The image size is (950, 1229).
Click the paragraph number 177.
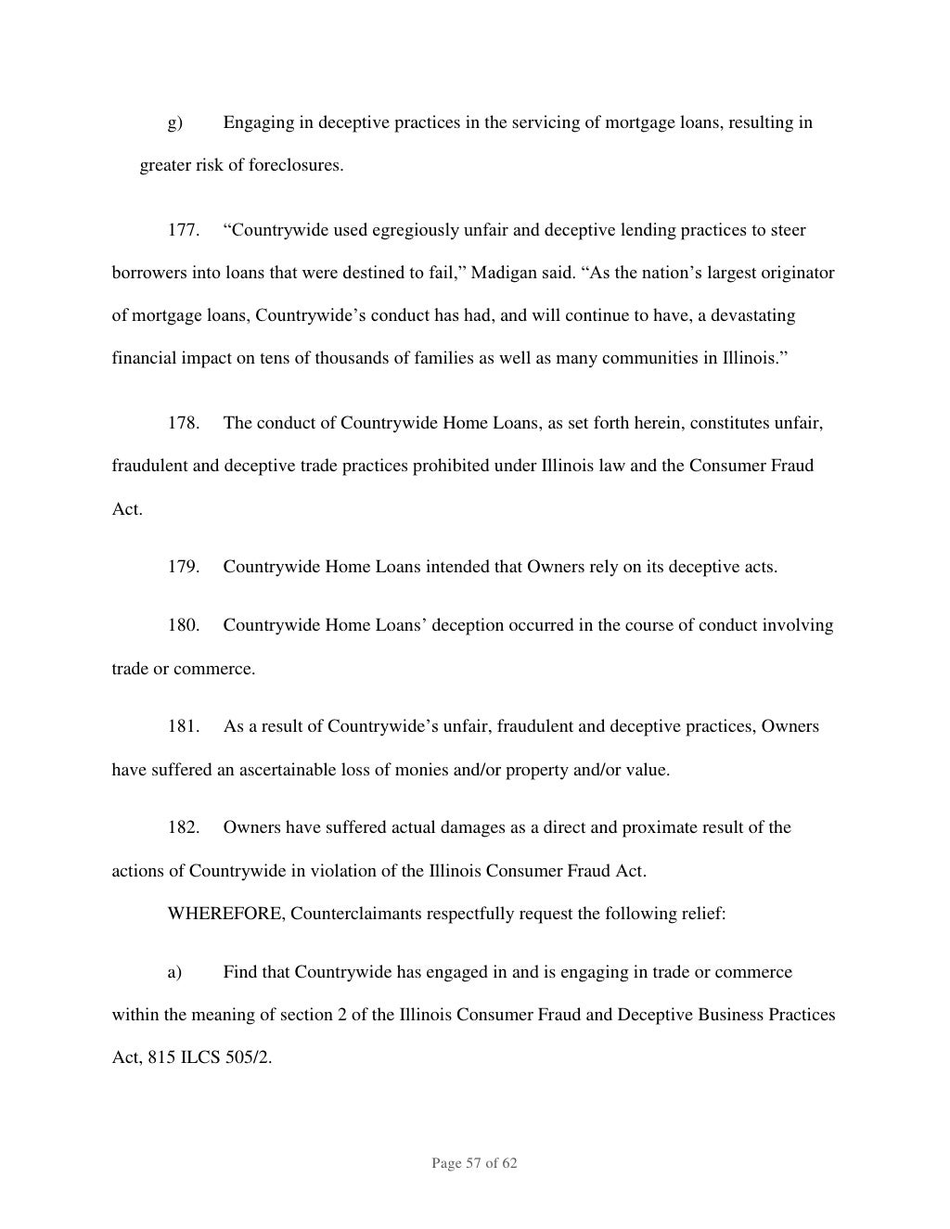click(183, 230)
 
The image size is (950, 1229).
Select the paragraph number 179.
click(183, 566)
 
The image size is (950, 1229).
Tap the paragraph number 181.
click(183, 726)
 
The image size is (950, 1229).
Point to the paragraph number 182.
click(183, 827)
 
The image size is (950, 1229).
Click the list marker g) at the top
click(174, 122)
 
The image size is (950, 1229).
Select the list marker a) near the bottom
click(174, 972)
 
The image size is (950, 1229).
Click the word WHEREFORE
click(226, 914)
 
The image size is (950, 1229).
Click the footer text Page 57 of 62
click(474, 1163)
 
